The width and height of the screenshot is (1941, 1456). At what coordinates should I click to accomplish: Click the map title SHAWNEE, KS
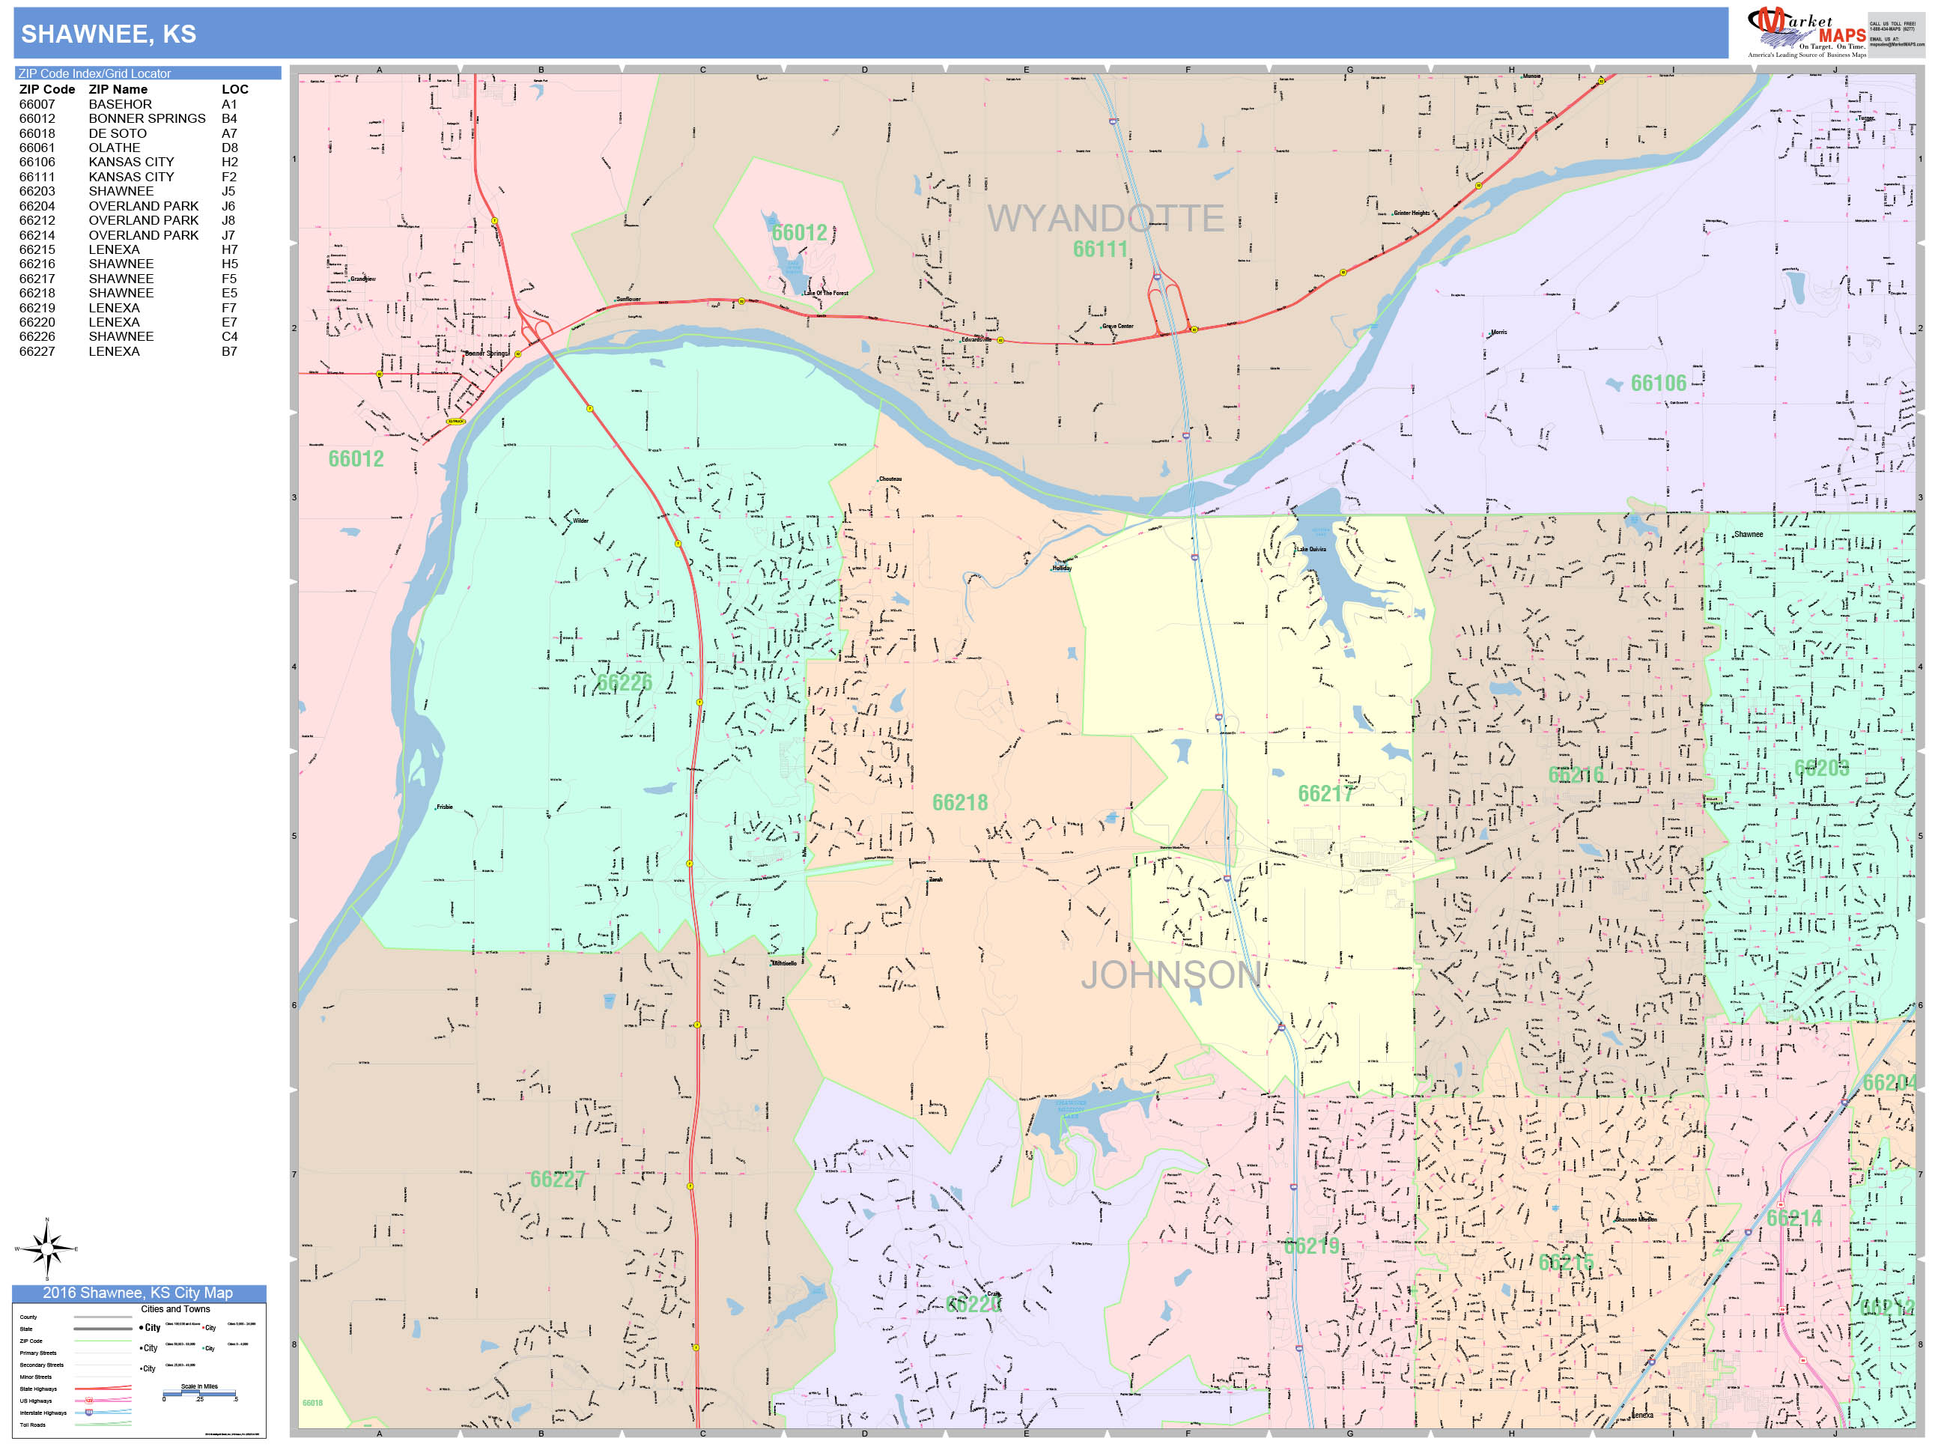tap(109, 34)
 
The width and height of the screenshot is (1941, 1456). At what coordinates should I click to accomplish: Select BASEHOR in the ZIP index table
tap(121, 104)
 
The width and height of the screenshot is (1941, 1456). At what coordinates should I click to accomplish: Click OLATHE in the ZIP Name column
tap(114, 148)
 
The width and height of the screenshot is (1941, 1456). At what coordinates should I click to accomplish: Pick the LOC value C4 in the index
tap(230, 337)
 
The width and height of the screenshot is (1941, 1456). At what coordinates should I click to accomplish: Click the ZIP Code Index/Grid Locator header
tap(95, 73)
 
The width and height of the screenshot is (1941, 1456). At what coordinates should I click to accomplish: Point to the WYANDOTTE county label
tap(1105, 219)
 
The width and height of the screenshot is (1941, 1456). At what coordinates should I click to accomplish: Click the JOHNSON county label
tap(1170, 975)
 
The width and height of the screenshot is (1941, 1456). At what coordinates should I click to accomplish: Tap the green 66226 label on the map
tap(624, 682)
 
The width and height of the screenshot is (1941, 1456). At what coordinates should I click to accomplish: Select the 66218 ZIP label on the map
tap(959, 802)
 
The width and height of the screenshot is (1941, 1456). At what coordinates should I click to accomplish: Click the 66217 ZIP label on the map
tap(1325, 793)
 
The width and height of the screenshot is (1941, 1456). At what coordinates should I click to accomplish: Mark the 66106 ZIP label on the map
tap(1658, 383)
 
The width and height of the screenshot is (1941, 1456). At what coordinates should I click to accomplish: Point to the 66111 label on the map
tap(1099, 249)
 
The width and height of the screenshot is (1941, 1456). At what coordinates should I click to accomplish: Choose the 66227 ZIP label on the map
tap(557, 1179)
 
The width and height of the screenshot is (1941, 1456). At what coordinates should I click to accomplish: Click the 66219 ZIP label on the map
tap(1311, 1246)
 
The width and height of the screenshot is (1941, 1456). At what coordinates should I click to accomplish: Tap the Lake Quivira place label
tap(1311, 550)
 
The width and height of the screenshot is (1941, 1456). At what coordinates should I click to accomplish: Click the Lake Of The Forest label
tap(826, 293)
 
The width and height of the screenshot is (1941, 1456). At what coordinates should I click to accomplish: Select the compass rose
tap(46, 1248)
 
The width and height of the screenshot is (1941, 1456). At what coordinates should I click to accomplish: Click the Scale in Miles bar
tap(199, 1393)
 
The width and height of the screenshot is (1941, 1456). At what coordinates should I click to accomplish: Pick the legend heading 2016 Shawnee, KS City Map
tap(138, 1293)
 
